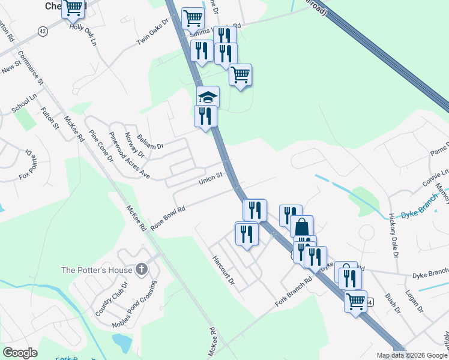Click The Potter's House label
[97, 270]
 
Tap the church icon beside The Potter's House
[141, 269]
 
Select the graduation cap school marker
[208, 97]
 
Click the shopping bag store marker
[302, 227]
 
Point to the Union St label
[211, 178]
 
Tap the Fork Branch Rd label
[294, 290]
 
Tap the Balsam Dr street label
[150, 142]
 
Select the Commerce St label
[31, 67]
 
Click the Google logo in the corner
[20, 353]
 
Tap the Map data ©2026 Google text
[412, 355]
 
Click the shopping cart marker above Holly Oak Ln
[73, 8]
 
